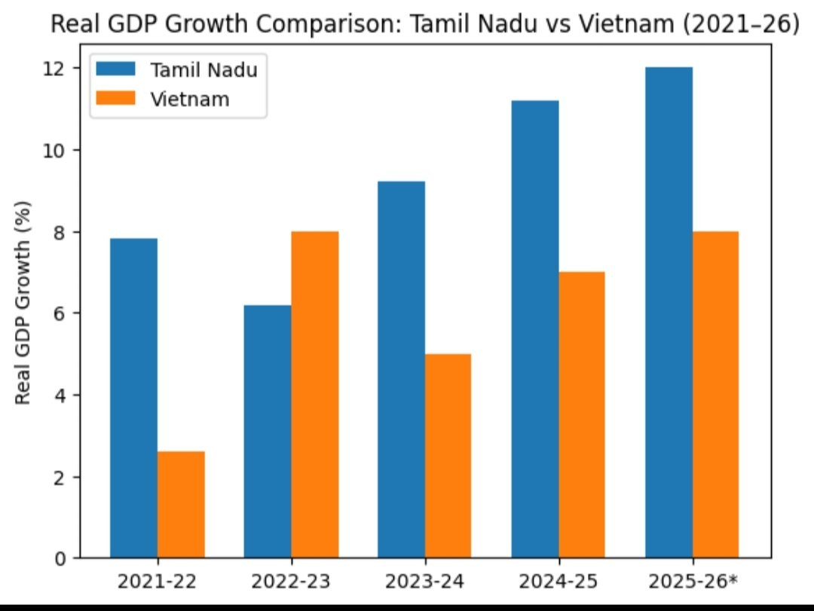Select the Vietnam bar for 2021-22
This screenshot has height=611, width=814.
point(181,505)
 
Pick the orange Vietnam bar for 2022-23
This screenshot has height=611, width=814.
point(315,395)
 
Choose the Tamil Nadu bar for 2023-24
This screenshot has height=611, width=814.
point(402,369)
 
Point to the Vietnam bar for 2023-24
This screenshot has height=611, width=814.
point(448,456)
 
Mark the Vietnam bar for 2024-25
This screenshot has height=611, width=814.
point(582,415)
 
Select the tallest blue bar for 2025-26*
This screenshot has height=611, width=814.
point(669,313)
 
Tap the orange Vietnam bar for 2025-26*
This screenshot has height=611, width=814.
point(716,395)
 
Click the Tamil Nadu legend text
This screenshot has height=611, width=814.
point(204,70)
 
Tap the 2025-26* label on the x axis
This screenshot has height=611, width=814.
point(693,582)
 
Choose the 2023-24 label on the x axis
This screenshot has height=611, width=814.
point(425,582)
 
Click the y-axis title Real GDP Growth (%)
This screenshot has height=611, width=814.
point(23,302)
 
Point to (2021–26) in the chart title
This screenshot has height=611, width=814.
point(740,25)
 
